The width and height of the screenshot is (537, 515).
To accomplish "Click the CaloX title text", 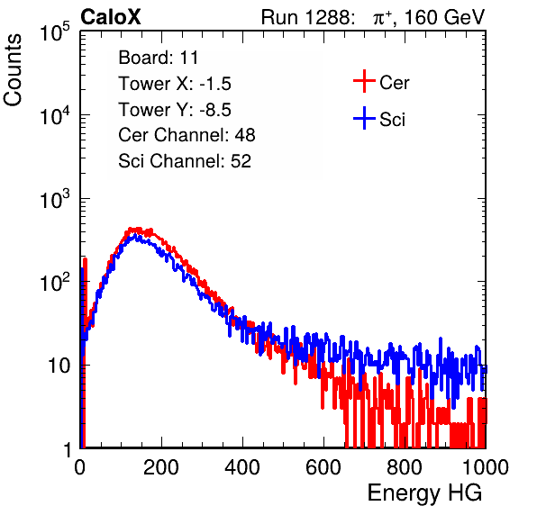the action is (x=111, y=17).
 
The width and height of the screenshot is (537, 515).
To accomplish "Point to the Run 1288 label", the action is (x=306, y=17).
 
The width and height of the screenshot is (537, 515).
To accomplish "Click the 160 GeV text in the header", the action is (x=445, y=17).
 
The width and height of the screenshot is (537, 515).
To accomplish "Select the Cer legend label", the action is (x=394, y=83).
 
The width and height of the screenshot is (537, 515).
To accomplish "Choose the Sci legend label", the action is (x=393, y=120).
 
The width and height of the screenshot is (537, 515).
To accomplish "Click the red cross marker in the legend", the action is (x=364, y=81).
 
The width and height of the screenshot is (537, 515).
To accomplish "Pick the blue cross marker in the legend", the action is (x=364, y=118).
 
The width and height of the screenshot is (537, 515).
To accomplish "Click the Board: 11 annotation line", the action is (x=159, y=58).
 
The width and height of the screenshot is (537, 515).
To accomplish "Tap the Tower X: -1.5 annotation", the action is (x=175, y=84).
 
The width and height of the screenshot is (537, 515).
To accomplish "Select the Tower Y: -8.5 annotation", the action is (x=175, y=110).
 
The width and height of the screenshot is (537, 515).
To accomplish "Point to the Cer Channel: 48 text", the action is (x=187, y=135).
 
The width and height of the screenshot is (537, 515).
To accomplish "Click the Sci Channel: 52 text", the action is (x=185, y=161).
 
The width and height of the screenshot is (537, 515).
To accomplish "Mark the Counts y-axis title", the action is (x=13, y=70).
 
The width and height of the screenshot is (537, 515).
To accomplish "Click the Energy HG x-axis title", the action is (x=424, y=493).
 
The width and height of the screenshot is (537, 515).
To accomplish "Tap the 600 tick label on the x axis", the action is (x=323, y=467).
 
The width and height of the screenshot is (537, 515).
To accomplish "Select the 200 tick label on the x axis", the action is (x=161, y=467).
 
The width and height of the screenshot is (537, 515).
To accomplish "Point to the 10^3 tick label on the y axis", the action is (x=55, y=197).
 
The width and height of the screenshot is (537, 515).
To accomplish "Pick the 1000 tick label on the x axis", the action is (x=486, y=467).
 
